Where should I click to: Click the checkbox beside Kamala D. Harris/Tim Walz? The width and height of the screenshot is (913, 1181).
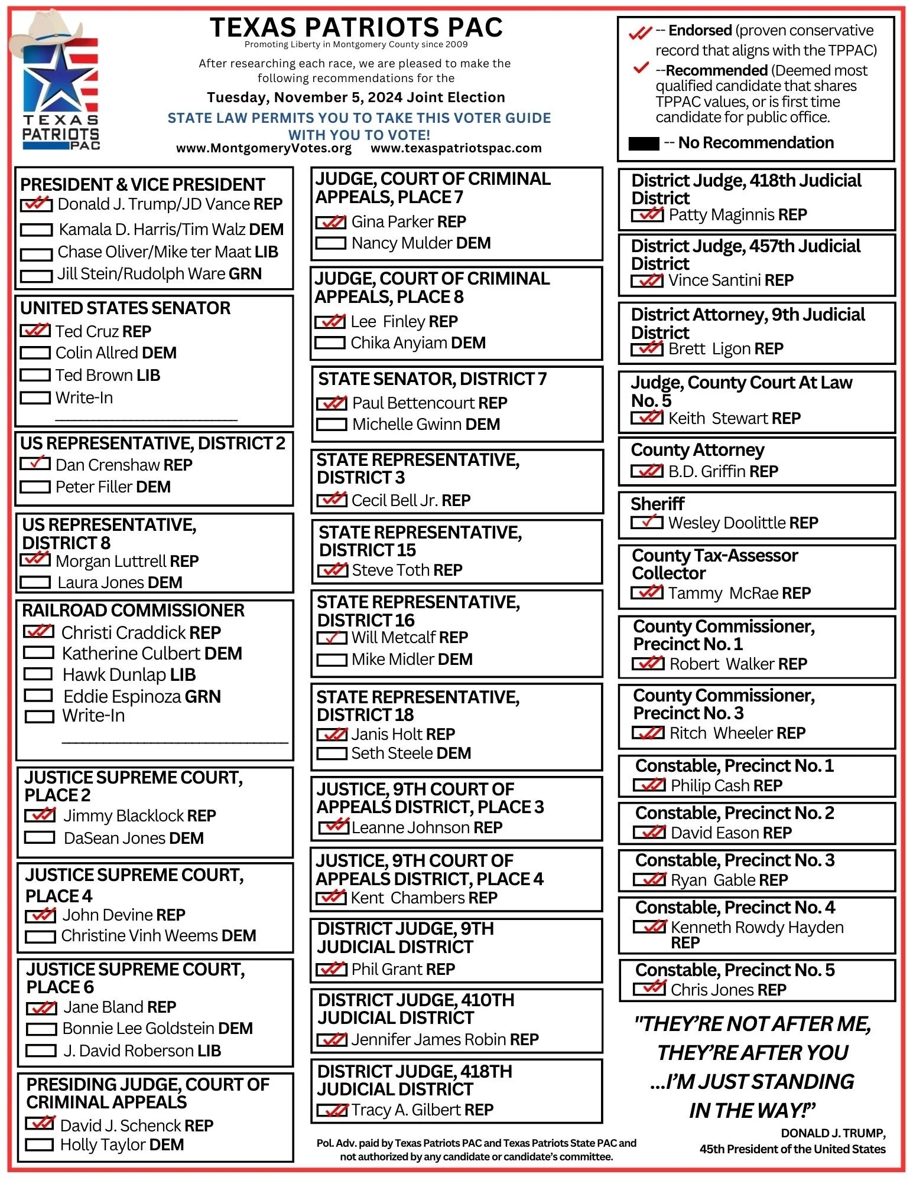tap(36, 230)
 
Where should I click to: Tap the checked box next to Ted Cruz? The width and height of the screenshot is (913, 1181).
tap(35, 331)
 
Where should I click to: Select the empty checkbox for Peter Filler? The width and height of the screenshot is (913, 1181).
tap(35, 487)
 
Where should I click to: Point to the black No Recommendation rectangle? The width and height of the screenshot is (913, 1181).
tap(644, 143)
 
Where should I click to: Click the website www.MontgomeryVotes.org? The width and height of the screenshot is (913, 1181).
tap(264, 148)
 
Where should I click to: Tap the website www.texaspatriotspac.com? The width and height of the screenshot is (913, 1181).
tap(456, 148)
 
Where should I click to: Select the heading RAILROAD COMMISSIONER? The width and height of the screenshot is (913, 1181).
tap(133, 610)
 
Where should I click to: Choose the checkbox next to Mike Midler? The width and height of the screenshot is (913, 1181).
tap(332, 660)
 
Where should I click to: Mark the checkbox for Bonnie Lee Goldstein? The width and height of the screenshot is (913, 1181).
tap(41, 1029)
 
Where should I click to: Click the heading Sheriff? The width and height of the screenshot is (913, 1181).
tap(657, 504)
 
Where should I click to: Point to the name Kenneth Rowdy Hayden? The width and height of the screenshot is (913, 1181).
tap(757, 928)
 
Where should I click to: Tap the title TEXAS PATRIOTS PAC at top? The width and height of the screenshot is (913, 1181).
tap(356, 27)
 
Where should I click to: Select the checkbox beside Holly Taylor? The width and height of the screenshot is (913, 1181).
tap(40, 1145)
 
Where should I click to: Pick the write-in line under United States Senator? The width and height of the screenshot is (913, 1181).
tap(146, 419)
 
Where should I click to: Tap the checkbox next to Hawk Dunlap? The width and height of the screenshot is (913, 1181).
tap(38, 674)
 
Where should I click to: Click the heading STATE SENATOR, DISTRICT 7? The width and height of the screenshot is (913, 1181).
tap(432, 379)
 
